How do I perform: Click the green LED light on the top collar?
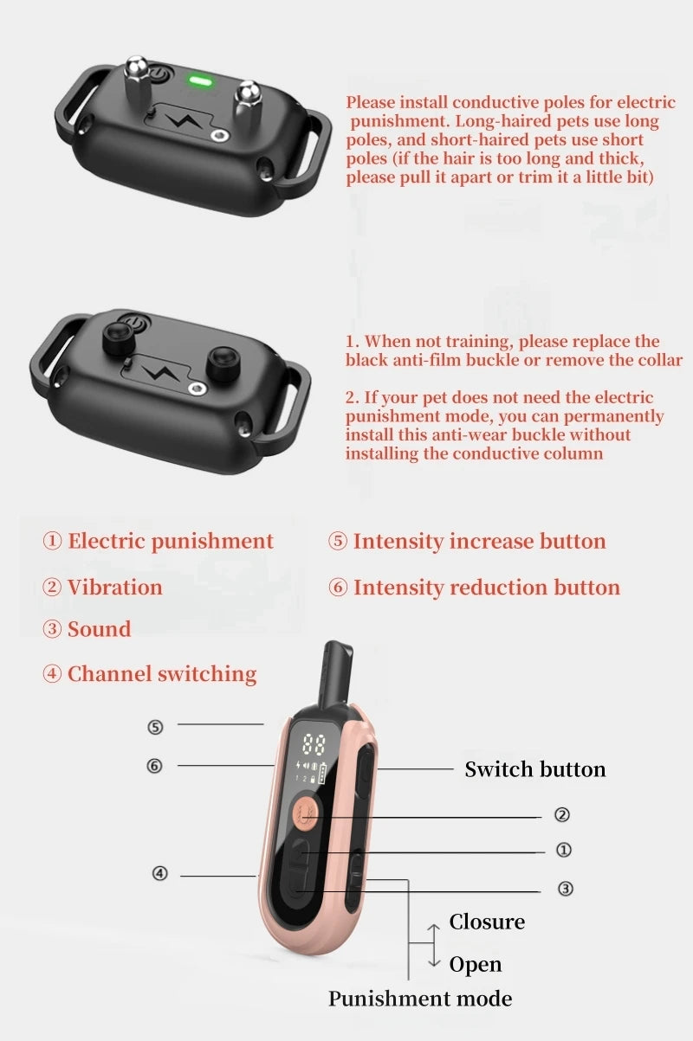(200, 82)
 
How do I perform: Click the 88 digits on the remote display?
(314, 744)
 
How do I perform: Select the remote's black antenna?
(336, 674)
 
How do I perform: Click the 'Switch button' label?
(535, 769)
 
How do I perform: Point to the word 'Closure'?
(487, 922)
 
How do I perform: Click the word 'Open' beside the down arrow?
(476, 965)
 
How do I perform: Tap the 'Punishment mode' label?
(420, 999)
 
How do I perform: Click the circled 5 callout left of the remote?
(155, 727)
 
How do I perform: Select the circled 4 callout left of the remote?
(159, 874)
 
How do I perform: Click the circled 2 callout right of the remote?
(562, 814)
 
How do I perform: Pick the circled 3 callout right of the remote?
(565, 889)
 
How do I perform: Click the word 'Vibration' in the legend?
(115, 587)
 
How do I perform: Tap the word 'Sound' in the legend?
(100, 629)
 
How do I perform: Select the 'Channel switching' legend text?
(162, 674)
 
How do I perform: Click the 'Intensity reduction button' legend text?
(487, 588)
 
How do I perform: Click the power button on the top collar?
(159, 74)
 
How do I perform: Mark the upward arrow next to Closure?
(434, 933)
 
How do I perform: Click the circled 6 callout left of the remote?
(154, 766)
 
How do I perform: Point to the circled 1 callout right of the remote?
(564, 850)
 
